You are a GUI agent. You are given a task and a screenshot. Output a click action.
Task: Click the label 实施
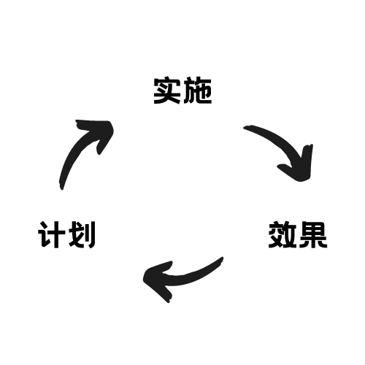point(182,91)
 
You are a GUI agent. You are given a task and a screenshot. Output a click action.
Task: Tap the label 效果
point(298,234)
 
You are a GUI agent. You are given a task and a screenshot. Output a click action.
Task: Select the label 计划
point(66,234)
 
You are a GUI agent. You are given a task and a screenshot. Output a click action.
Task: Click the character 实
point(167,91)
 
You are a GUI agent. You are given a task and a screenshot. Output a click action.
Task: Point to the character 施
point(197,91)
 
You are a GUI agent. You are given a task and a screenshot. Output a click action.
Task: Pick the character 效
point(283,234)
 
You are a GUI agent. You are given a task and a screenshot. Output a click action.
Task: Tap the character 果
point(313,234)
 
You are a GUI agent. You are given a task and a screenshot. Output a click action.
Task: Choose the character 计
point(52,234)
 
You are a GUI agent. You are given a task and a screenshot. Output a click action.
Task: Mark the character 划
point(82,234)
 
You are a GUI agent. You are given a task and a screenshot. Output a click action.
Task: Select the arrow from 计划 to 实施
point(77,148)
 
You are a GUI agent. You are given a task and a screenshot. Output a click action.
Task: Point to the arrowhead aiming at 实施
point(100,133)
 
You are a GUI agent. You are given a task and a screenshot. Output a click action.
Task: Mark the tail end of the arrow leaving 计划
point(61,188)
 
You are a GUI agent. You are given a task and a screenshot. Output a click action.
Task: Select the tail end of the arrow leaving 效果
point(222,258)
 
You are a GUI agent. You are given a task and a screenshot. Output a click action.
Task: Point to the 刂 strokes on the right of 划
point(90,234)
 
